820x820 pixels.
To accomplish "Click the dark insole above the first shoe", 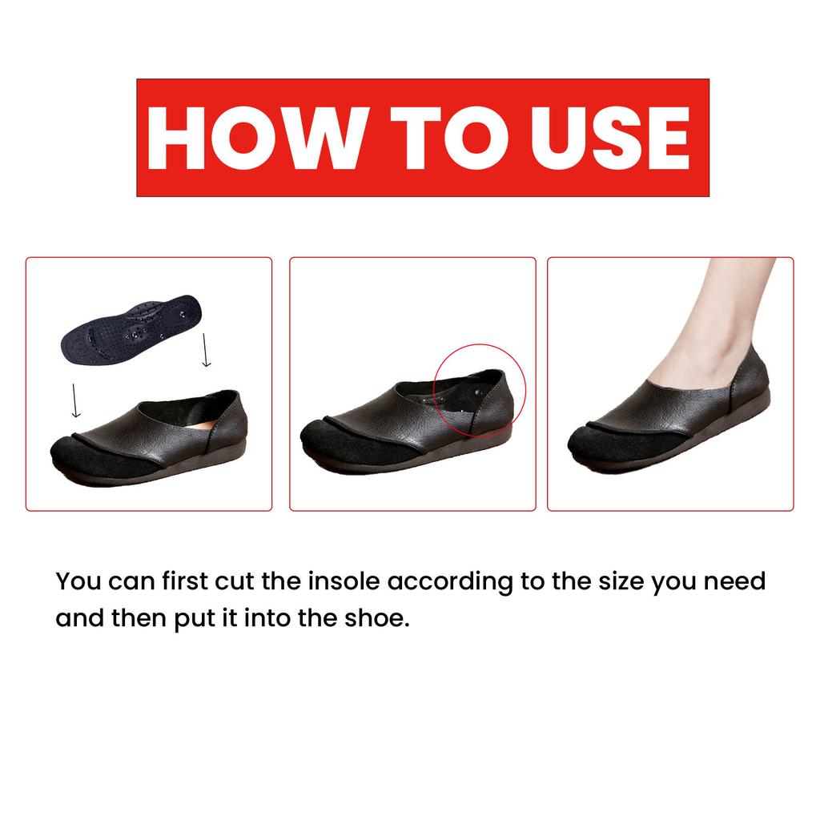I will tap(132, 328).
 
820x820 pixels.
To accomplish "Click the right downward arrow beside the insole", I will tap(207, 349).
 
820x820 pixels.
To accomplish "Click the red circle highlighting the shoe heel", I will tap(479, 389).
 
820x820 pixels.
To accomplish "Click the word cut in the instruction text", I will tap(235, 581).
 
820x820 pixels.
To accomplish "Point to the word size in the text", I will tap(613, 581).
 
